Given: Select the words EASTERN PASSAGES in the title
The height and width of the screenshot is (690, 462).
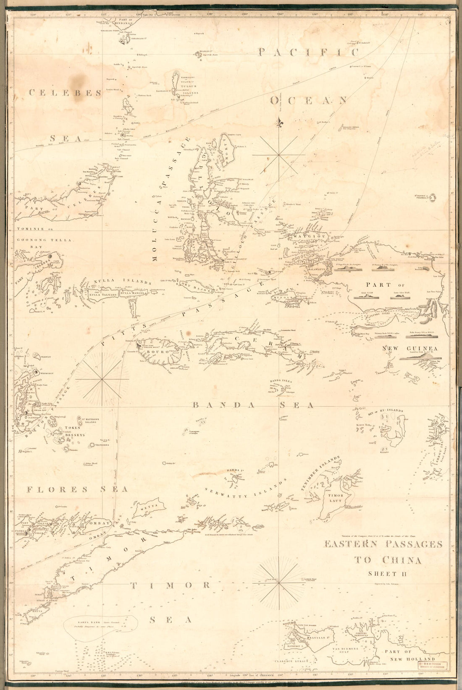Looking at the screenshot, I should [383, 544].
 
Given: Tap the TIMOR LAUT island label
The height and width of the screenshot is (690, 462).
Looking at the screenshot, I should [333, 498].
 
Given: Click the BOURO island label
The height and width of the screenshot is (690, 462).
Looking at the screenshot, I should [157, 352].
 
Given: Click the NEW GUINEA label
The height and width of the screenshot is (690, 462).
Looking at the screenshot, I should [410, 348].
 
